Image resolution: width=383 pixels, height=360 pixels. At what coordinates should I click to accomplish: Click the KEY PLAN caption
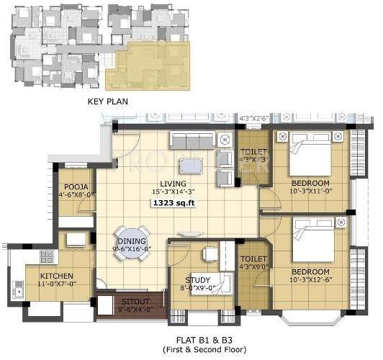pos(107,102)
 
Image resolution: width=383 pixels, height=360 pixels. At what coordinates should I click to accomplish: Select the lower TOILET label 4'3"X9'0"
pos(253,263)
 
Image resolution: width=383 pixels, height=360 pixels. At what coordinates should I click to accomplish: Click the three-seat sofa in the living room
pos(192,140)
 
